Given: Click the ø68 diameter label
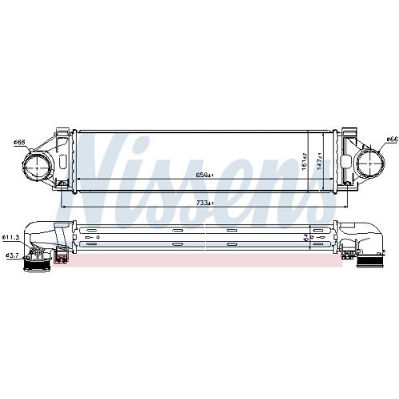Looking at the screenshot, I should [19, 143].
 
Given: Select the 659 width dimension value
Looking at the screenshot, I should [206, 175].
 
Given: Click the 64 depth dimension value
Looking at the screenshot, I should [306, 235].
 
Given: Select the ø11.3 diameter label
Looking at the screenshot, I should [11, 237].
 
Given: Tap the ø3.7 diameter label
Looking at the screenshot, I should [11, 255].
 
